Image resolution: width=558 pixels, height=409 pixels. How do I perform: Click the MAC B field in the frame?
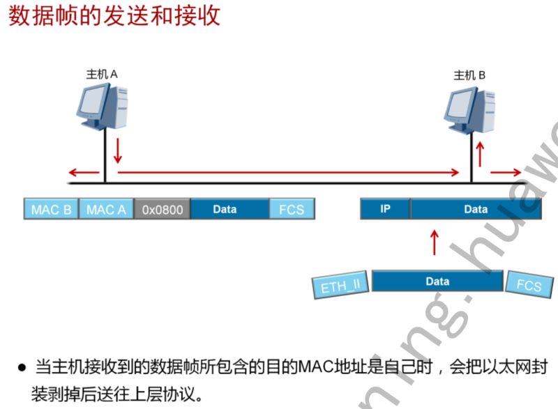pos(52,209)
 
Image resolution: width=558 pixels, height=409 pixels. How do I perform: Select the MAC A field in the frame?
pos(106,209)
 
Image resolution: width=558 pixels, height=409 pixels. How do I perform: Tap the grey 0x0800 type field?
pos(162,209)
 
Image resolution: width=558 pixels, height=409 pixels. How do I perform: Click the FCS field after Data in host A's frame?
pos(291,209)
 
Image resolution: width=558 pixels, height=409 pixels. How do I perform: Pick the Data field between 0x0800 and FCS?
pos(229,209)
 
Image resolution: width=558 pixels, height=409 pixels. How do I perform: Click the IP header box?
pos(385,209)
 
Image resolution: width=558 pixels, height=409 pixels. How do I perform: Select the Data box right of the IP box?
pos(476,209)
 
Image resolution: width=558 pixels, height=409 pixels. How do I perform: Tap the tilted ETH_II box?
pos(340,284)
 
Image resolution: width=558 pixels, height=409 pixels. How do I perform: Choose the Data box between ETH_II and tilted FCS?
pos(437,281)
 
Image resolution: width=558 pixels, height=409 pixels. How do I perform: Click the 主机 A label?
pos(103,73)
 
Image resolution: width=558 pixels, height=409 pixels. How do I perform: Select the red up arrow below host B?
pos(479,154)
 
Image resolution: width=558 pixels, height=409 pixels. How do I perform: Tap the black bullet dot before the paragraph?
pos(22,366)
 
